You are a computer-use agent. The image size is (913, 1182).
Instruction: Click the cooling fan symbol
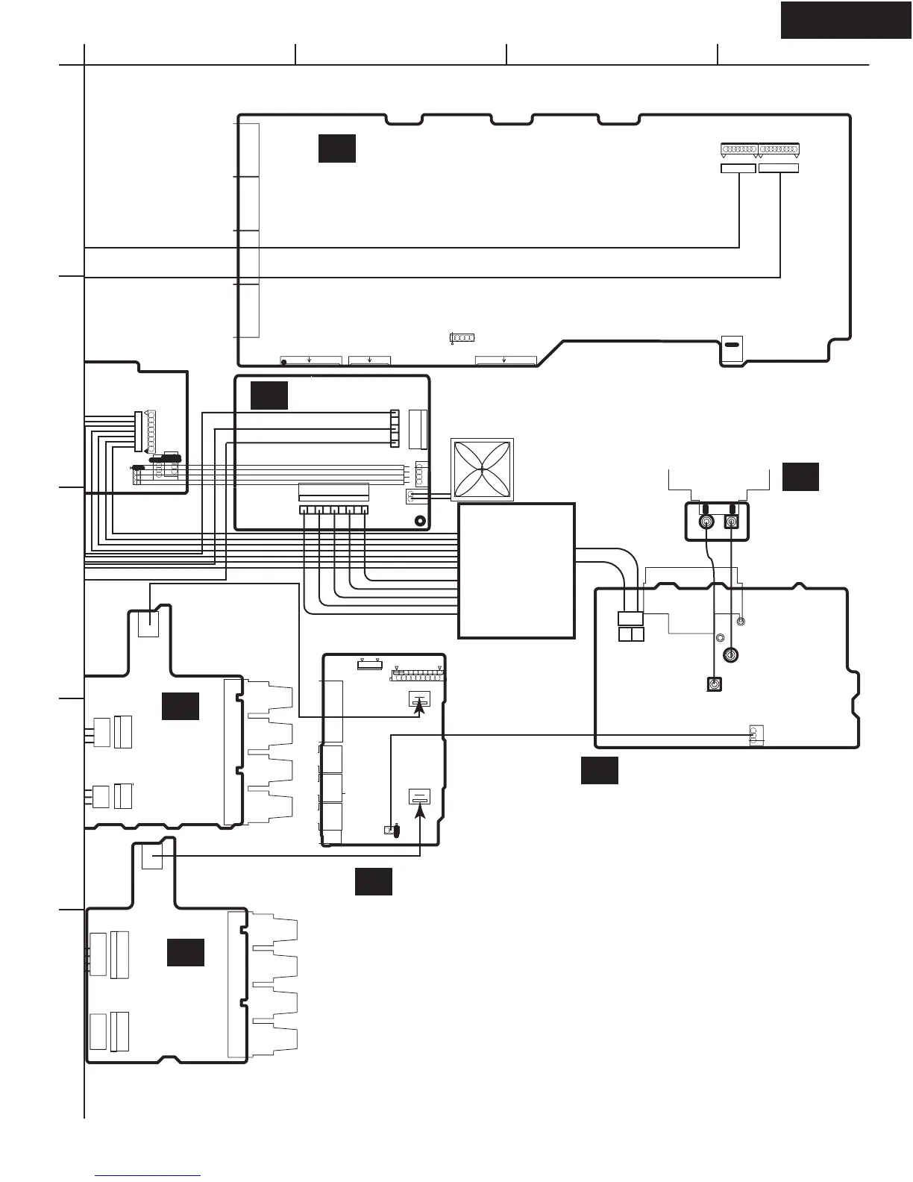483,469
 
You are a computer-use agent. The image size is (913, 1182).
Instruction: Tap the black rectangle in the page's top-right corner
846,19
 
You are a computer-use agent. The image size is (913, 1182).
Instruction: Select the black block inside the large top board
336,148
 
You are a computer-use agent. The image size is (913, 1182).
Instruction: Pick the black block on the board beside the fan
269,395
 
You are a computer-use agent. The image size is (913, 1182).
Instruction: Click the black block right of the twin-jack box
800,477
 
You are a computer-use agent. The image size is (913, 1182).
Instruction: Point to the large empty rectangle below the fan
516,570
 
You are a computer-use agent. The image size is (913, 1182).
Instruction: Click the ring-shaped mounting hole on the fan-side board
420,521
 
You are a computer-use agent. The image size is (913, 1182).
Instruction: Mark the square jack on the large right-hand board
715,684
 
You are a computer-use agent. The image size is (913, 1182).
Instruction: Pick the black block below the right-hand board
600,771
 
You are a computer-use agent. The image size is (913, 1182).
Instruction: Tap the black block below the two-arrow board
373,881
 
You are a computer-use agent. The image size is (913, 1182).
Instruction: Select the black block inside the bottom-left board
185,953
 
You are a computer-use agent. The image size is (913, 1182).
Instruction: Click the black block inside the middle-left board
181,706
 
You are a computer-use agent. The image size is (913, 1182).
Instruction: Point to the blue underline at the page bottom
148,1176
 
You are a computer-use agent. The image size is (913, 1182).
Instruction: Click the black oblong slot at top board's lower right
732,345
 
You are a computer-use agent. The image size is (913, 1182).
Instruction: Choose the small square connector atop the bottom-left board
151,857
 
